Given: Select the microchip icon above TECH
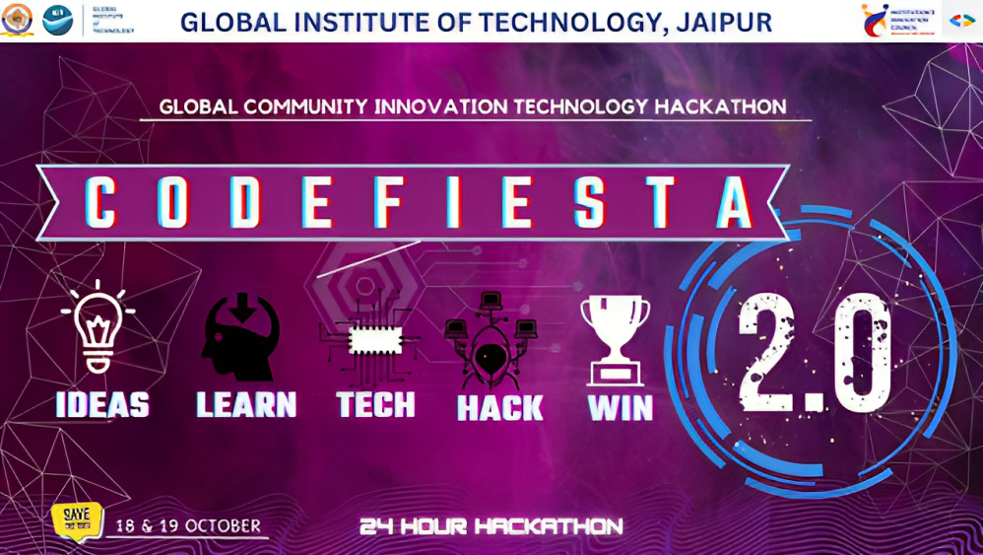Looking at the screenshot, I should pyautogui.click(x=375, y=341).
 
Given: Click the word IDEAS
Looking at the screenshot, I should pyautogui.click(x=102, y=404).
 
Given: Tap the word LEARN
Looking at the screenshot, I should pyautogui.click(x=246, y=404).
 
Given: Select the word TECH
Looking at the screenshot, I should pyautogui.click(x=375, y=404).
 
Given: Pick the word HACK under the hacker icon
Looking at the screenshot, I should pyautogui.click(x=499, y=407).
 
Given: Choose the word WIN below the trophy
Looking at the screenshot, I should pyautogui.click(x=621, y=407).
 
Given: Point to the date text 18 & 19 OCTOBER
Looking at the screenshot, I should pyautogui.click(x=188, y=525).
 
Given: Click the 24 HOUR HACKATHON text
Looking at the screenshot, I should pyautogui.click(x=491, y=526).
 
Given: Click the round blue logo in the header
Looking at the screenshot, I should pyautogui.click(x=57, y=20).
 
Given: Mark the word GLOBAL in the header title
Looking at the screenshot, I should pyautogui.click(x=230, y=22).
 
